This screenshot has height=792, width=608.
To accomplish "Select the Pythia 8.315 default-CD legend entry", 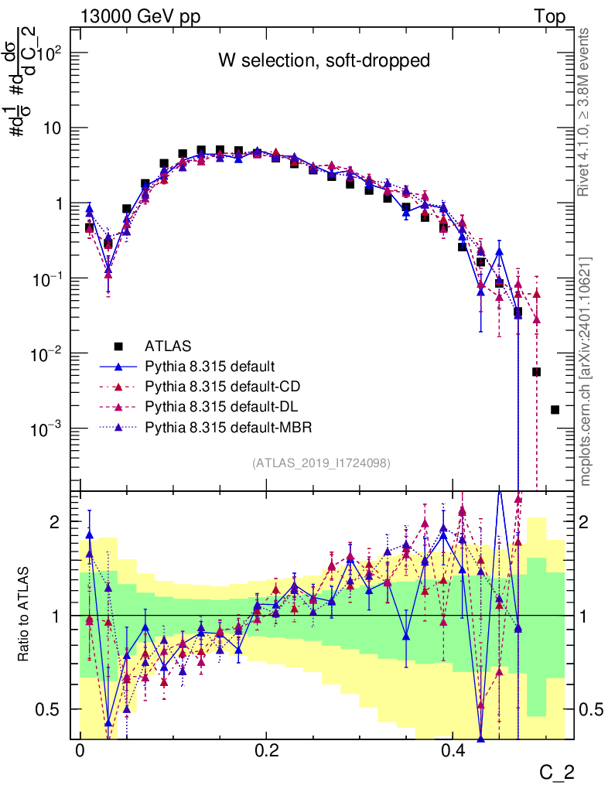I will (215, 386).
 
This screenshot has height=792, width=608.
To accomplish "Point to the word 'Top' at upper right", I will (549, 17).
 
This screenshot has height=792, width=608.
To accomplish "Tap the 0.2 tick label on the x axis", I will (268, 751).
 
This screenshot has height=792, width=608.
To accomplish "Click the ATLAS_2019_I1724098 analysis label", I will (321, 463).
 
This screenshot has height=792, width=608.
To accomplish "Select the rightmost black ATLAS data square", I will (555, 409).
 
